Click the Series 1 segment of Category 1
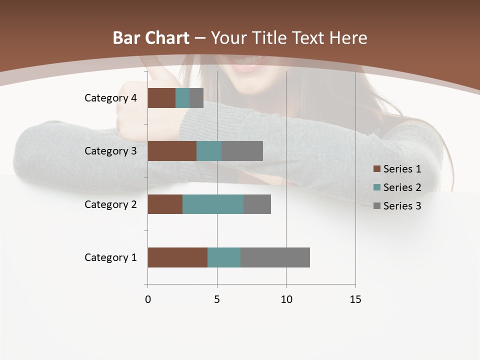tap(177, 257)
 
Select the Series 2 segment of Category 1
tap(224, 257)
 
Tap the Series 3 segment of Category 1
tap(275, 257)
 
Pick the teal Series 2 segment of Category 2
tap(213, 204)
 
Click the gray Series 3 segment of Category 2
tap(257, 204)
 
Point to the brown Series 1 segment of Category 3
tap(172, 151)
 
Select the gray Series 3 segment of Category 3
tap(242, 151)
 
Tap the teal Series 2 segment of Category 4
tap(182, 98)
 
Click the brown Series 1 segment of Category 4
tap(161, 98)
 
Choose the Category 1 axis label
tap(110, 257)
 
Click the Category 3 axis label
tap(110, 151)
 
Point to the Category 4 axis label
tap(110, 98)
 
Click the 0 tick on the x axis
tap(148, 299)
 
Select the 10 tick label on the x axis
tap(286, 299)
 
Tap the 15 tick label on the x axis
tap(355, 299)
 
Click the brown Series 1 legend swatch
tap(376, 169)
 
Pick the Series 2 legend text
tap(402, 187)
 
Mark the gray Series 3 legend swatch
tap(376, 206)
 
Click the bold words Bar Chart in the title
tap(151, 37)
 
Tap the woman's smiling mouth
tap(250, 65)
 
